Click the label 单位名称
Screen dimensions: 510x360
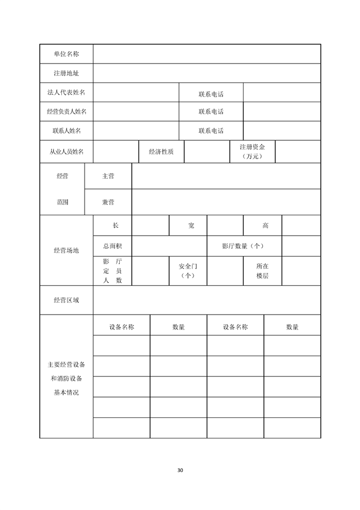[66, 54]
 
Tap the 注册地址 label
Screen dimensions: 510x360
[66, 74]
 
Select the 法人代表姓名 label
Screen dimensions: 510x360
[66, 93]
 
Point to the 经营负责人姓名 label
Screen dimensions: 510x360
[66, 112]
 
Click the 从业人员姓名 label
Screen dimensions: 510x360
[66, 152]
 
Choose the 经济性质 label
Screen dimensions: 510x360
[161, 152]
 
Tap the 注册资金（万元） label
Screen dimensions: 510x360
[252, 151]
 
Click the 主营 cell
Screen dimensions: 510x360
[108, 176]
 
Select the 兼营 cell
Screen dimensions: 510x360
[108, 202]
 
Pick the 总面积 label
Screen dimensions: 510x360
[112, 246]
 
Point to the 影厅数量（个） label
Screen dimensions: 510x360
[244, 246]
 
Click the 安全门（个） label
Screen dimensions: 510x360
[187, 270]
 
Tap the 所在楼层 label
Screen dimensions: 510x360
[262, 270]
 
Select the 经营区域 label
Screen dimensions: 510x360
[66, 300]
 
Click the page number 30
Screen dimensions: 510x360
[180, 470]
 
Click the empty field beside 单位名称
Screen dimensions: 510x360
[207, 54]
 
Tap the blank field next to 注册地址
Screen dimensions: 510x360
[207, 74]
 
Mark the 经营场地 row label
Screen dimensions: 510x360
[66, 250]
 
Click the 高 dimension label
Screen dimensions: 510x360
[265, 225]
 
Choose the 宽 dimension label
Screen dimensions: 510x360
[191, 225]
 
